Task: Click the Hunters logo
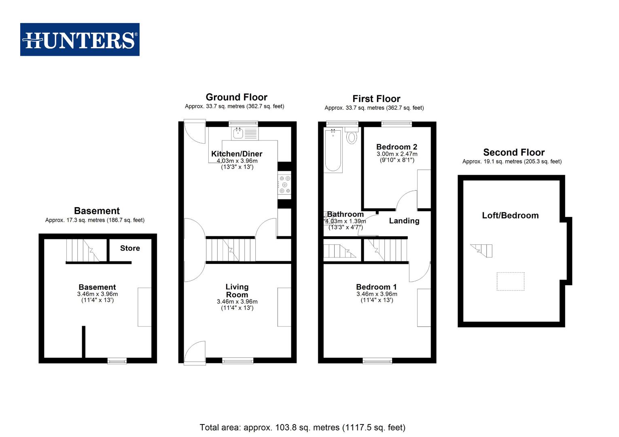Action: click(80, 40)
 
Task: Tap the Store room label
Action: click(130, 248)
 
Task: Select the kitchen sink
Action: click(238, 133)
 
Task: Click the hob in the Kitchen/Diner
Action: click(284, 185)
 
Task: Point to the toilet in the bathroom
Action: click(352, 136)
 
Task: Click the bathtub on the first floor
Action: click(333, 151)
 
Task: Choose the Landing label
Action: click(404, 221)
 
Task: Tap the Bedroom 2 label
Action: click(396, 147)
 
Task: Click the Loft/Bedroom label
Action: click(510, 215)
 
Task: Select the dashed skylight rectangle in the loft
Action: click(510, 281)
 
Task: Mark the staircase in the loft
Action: click(482, 250)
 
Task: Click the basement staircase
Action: click(83, 250)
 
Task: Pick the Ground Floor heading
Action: click(236, 97)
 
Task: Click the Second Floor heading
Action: click(514, 153)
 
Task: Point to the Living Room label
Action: click(237, 291)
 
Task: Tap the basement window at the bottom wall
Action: click(117, 361)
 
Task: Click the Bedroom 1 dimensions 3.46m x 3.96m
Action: click(377, 294)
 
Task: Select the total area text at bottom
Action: click(302, 427)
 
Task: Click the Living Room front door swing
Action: click(195, 352)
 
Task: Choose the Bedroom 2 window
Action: click(396, 123)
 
